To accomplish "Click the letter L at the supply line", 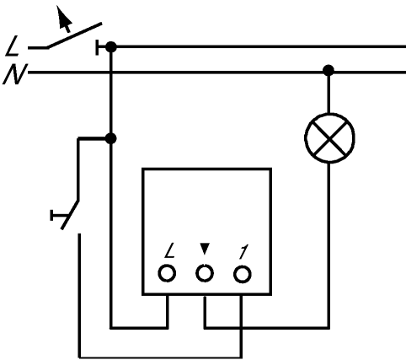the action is pyautogui.click(x=12, y=46).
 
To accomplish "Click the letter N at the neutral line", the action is pyautogui.click(x=15, y=74).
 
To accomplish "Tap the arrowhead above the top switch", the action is pyautogui.click(x=63, y=18).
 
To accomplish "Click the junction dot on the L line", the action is pyautogui.click(x=111, y=47).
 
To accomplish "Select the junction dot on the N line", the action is pyautogui.click(x=329, y=70).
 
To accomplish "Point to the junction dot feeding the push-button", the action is pyautogui.click(x=111, y=138).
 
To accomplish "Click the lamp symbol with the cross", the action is pyautogui.click(x=329, y=138).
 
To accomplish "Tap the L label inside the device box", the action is pyautogui.click(x=169, y=250).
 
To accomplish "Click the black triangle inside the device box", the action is pyautogui.click(x=205, y=249).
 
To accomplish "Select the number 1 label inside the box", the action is pyautogui.click(x=243, y=251).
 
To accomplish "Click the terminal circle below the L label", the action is pyautogui.click(x=167, y=273).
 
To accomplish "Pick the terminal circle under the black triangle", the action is pyautogui.click(x=205, y=273).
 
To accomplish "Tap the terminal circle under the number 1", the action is pyautogui.click(x=243, y=274).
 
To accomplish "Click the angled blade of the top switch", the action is pyautogui.click(x=74, y=35).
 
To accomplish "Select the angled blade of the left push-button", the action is pyautogui.click(x=70, y=215).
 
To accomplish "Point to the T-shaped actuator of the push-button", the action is pyautogui.click(x=59, y=216).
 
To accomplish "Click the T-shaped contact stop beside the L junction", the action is pyautogui.click(x=100, y=47).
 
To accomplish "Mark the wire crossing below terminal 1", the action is pyautogui.click(x=241, y=327).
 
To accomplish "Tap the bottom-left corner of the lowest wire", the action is pyautogui.click(x=80, y=357).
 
